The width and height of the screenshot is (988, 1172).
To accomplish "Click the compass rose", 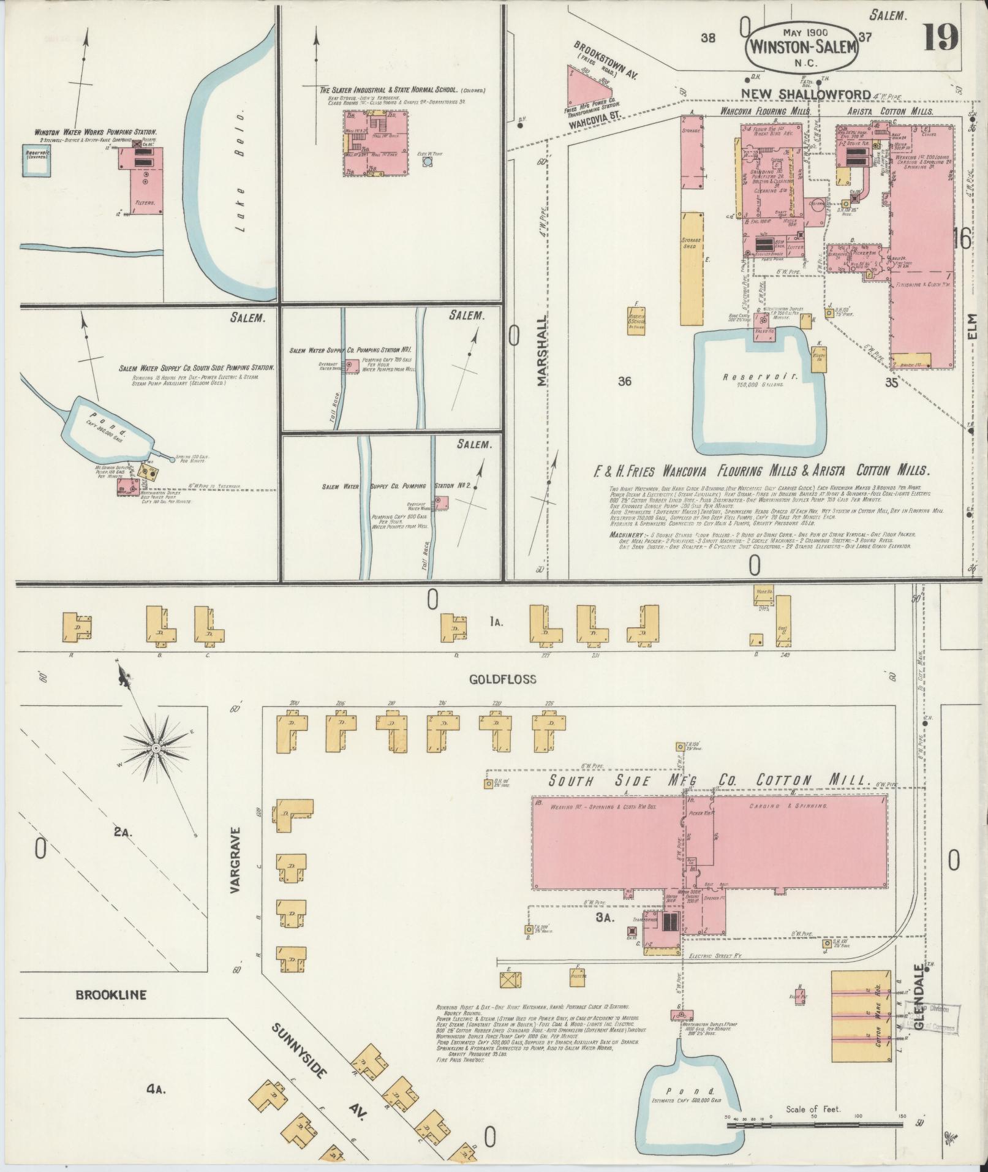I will (x=156, y=748).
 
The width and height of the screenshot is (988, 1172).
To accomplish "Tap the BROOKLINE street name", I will (x=111, y=994).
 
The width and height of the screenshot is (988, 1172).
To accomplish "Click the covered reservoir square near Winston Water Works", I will (x=35, y=161).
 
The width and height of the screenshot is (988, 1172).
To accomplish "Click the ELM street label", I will (x=975, y=335).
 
